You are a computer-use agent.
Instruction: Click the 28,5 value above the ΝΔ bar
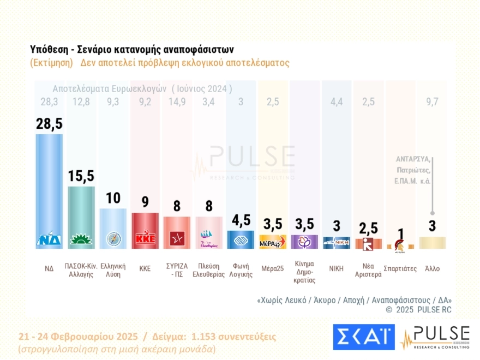click(x=49, y=123)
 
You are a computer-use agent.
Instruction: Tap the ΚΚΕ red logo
click(x=145, y=239)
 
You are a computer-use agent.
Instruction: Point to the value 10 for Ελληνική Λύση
click(x=113, y=197)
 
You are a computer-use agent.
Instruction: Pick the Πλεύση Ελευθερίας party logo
click(x=209, y=238)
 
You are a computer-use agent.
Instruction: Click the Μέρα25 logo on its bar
click(x=273, y=242)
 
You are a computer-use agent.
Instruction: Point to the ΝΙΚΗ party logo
click(x=336, y=242)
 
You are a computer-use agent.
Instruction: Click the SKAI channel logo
click(x=363, y=337)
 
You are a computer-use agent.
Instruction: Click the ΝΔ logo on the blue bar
click(x=49, y=239)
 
